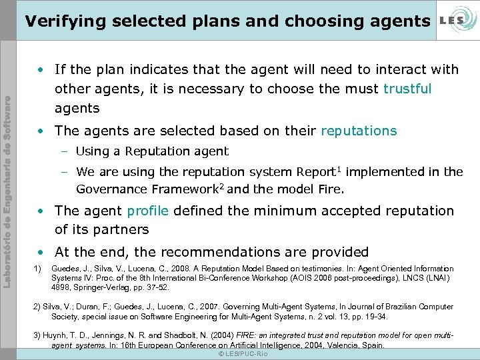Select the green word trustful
[407, 89]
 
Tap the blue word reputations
[359, 131]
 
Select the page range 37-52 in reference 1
[155, 287]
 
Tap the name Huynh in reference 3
[56, 335]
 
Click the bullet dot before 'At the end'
[41, 252]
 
